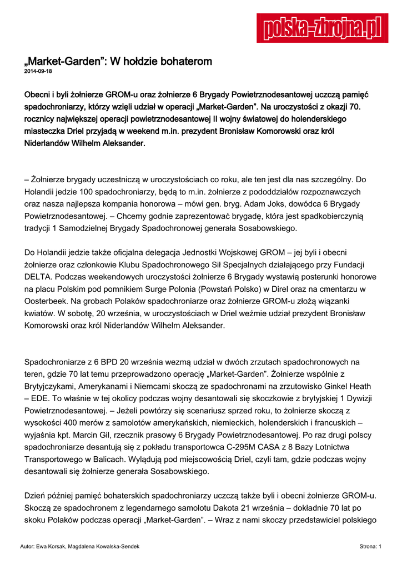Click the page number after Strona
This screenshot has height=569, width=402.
[x=380, y=547]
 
